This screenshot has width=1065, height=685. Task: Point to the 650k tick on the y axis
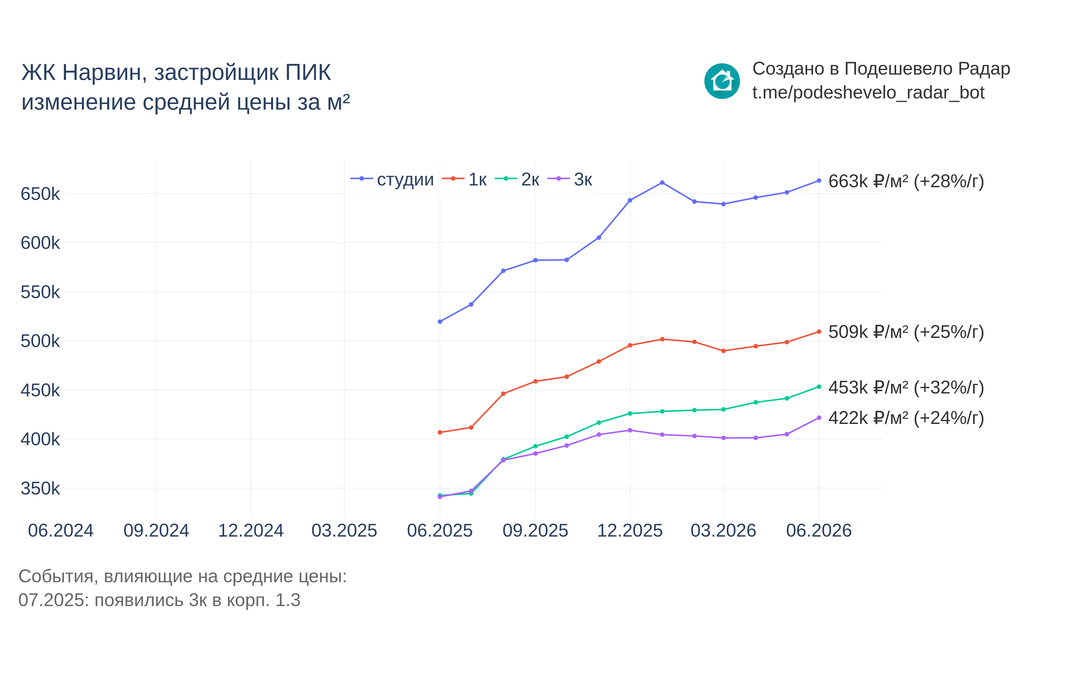point(40,194)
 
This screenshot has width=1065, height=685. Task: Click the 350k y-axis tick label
point(40,488)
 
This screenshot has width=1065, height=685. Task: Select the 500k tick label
point(40,341)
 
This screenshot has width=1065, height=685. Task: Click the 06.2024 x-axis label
point(61,531)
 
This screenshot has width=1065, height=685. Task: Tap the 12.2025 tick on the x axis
point(630,531)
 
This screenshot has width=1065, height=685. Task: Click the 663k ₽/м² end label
point(906,181)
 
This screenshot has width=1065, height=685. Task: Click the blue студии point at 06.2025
point(440,322)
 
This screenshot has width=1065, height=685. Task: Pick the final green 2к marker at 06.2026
point(819,387)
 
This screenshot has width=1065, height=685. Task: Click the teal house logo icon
point(722,81)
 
